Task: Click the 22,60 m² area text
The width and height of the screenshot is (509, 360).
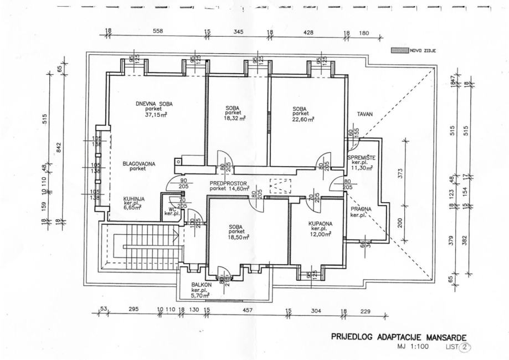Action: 304,119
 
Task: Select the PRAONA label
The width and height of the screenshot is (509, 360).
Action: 360,209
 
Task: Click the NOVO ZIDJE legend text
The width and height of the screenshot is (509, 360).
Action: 424,50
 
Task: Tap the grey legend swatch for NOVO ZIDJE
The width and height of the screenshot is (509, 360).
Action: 399,50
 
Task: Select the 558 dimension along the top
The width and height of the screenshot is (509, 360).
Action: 158,32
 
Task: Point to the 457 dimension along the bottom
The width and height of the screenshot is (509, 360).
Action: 246,310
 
